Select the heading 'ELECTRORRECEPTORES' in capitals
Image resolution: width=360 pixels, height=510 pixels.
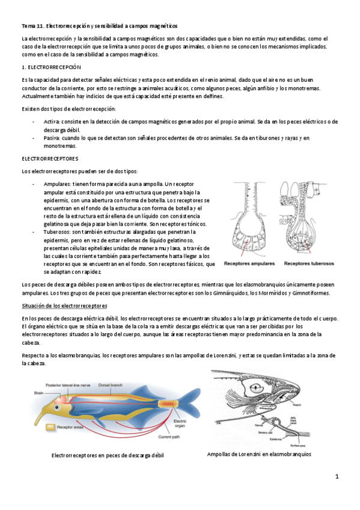[x=50, y=159]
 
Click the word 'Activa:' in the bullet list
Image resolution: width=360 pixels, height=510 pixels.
[x=52, y=121]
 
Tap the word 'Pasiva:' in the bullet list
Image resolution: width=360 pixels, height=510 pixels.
[x=52, y=138]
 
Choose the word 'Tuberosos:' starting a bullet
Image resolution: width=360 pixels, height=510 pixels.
[x=58, y=231]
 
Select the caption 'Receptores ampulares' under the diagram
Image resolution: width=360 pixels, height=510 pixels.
[x=249, y=263]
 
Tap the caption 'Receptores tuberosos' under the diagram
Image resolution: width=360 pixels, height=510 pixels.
[x=309, y=263]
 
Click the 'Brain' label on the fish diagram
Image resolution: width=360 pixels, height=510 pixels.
[x=38, y=393]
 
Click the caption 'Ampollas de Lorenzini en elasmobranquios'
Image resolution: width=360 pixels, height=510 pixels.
[x=258, y=454]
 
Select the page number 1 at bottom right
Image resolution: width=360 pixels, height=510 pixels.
[x=337, y=477]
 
